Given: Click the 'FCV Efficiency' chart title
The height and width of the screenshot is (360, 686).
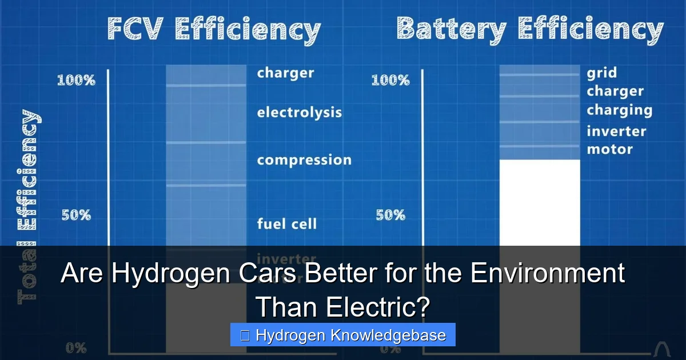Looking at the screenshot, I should coord(214,29).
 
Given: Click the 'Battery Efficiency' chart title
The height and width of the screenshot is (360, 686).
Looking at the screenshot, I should coord(530,29).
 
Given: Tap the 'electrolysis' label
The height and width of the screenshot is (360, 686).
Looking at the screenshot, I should coord(299,113).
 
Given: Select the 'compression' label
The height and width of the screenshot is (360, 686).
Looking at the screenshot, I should coord(304,160).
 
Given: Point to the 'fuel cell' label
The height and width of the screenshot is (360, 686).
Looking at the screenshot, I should coord(286,223).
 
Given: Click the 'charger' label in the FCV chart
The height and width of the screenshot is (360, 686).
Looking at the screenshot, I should coord(285,73).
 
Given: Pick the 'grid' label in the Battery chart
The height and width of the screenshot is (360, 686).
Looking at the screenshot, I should coord(601,73).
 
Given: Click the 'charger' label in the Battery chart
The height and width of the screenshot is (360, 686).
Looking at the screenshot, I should coord(615,91).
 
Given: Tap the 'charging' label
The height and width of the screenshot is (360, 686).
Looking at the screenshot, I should coord(619,110).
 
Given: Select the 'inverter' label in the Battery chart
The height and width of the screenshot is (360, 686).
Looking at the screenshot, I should coord(616,131).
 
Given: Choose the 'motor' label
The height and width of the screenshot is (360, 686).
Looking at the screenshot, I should coord(609,150).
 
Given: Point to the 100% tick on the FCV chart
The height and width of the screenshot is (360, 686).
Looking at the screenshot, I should coord(76,80).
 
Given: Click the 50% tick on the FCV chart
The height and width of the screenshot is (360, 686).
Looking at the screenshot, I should coord(76,215).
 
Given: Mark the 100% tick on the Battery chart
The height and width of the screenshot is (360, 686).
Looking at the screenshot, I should coord(390,80).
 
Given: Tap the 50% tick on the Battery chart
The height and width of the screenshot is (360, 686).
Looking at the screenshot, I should coord(390,215).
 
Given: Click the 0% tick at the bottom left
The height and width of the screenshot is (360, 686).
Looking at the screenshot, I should coord(76,347).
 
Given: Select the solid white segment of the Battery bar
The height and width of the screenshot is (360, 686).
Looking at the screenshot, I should coord(540,203).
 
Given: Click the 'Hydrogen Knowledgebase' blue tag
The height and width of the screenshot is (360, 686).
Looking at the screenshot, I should coord(343,335).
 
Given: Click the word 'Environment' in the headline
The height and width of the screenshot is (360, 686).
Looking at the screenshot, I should coord(547,273).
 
